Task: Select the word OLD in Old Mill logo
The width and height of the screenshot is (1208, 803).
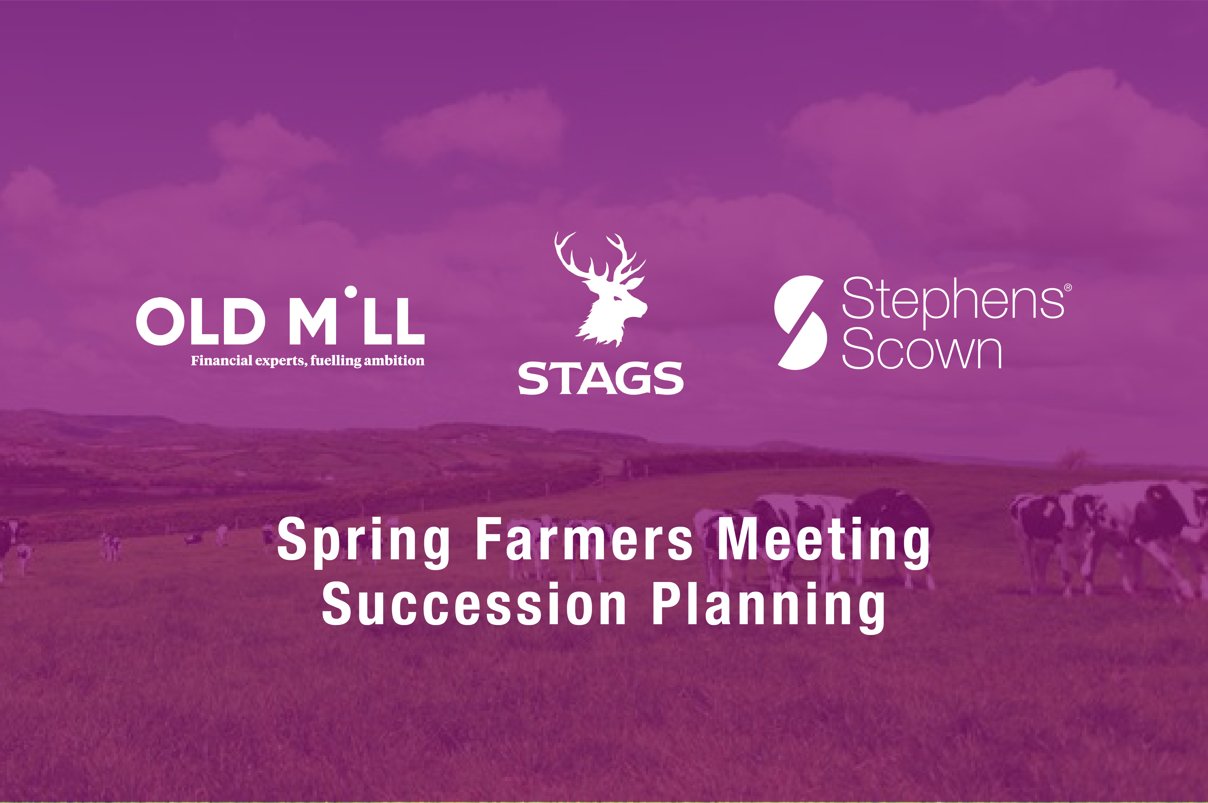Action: coord(200,322)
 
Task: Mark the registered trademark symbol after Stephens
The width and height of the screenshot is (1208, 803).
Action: coord(1068,288)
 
